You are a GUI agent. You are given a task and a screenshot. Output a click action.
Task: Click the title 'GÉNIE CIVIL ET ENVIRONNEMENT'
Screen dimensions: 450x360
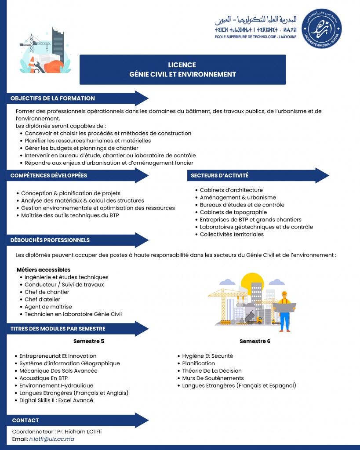182,74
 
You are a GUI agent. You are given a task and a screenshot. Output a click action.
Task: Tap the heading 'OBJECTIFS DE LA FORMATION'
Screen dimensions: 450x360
53,98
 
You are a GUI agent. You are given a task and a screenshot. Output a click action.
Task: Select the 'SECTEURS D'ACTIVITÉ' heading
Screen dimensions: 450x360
220,175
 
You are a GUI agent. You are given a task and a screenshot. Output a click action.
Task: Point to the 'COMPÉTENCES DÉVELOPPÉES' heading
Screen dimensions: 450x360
49,175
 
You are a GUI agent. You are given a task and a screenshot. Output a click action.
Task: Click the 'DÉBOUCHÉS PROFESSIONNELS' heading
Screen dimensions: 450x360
50,240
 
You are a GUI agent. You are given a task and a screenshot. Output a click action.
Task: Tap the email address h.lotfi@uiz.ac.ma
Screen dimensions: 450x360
51,439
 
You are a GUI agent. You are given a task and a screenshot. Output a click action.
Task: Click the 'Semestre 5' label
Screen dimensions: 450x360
88,341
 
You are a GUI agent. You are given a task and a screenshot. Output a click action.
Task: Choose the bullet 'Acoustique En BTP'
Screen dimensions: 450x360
44,378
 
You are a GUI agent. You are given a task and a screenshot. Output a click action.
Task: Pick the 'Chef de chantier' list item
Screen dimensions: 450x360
47,292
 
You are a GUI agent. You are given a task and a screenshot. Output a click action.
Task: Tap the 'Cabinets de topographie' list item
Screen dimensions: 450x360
233,212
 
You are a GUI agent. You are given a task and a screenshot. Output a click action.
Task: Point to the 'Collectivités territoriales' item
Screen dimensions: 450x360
232,234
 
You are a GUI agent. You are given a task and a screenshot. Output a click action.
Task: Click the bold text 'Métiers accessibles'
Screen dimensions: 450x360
44,269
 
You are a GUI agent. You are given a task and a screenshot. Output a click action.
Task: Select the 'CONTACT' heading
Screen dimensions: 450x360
25,420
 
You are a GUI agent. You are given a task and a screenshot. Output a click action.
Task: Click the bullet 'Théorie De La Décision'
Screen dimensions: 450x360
212,370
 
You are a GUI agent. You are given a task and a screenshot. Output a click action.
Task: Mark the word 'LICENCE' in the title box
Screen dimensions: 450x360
182,65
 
